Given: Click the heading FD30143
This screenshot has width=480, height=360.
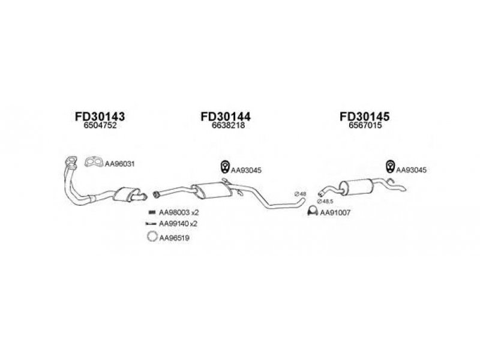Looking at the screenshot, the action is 100,116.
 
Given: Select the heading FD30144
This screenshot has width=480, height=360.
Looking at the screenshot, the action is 226,116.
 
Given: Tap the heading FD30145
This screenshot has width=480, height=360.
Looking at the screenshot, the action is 365,116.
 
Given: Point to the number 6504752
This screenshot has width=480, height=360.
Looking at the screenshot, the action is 100,125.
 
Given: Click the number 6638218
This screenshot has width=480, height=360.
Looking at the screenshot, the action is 228,125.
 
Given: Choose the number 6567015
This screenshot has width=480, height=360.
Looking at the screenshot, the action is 365,125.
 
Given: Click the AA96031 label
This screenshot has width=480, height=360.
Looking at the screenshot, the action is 119,164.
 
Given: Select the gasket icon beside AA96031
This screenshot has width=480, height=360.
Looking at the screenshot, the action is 94,162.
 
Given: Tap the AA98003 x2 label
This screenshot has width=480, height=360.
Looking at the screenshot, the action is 179,212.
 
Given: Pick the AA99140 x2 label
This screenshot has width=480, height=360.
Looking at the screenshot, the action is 178,224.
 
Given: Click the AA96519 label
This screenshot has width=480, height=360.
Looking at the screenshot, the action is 174,238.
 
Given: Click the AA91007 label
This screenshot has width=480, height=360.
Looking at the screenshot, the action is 335,212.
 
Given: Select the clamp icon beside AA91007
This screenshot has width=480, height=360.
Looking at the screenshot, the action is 312,211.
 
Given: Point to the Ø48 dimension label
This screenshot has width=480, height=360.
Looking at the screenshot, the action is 301,194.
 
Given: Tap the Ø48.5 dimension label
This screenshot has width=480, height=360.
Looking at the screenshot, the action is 325,201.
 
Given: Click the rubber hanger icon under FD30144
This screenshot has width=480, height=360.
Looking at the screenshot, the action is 226,167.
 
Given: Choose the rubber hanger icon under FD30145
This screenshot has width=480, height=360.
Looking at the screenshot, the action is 390,166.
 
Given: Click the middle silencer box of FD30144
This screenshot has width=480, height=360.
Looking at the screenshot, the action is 212,190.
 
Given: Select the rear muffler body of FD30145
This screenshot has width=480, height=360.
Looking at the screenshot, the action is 356,187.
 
